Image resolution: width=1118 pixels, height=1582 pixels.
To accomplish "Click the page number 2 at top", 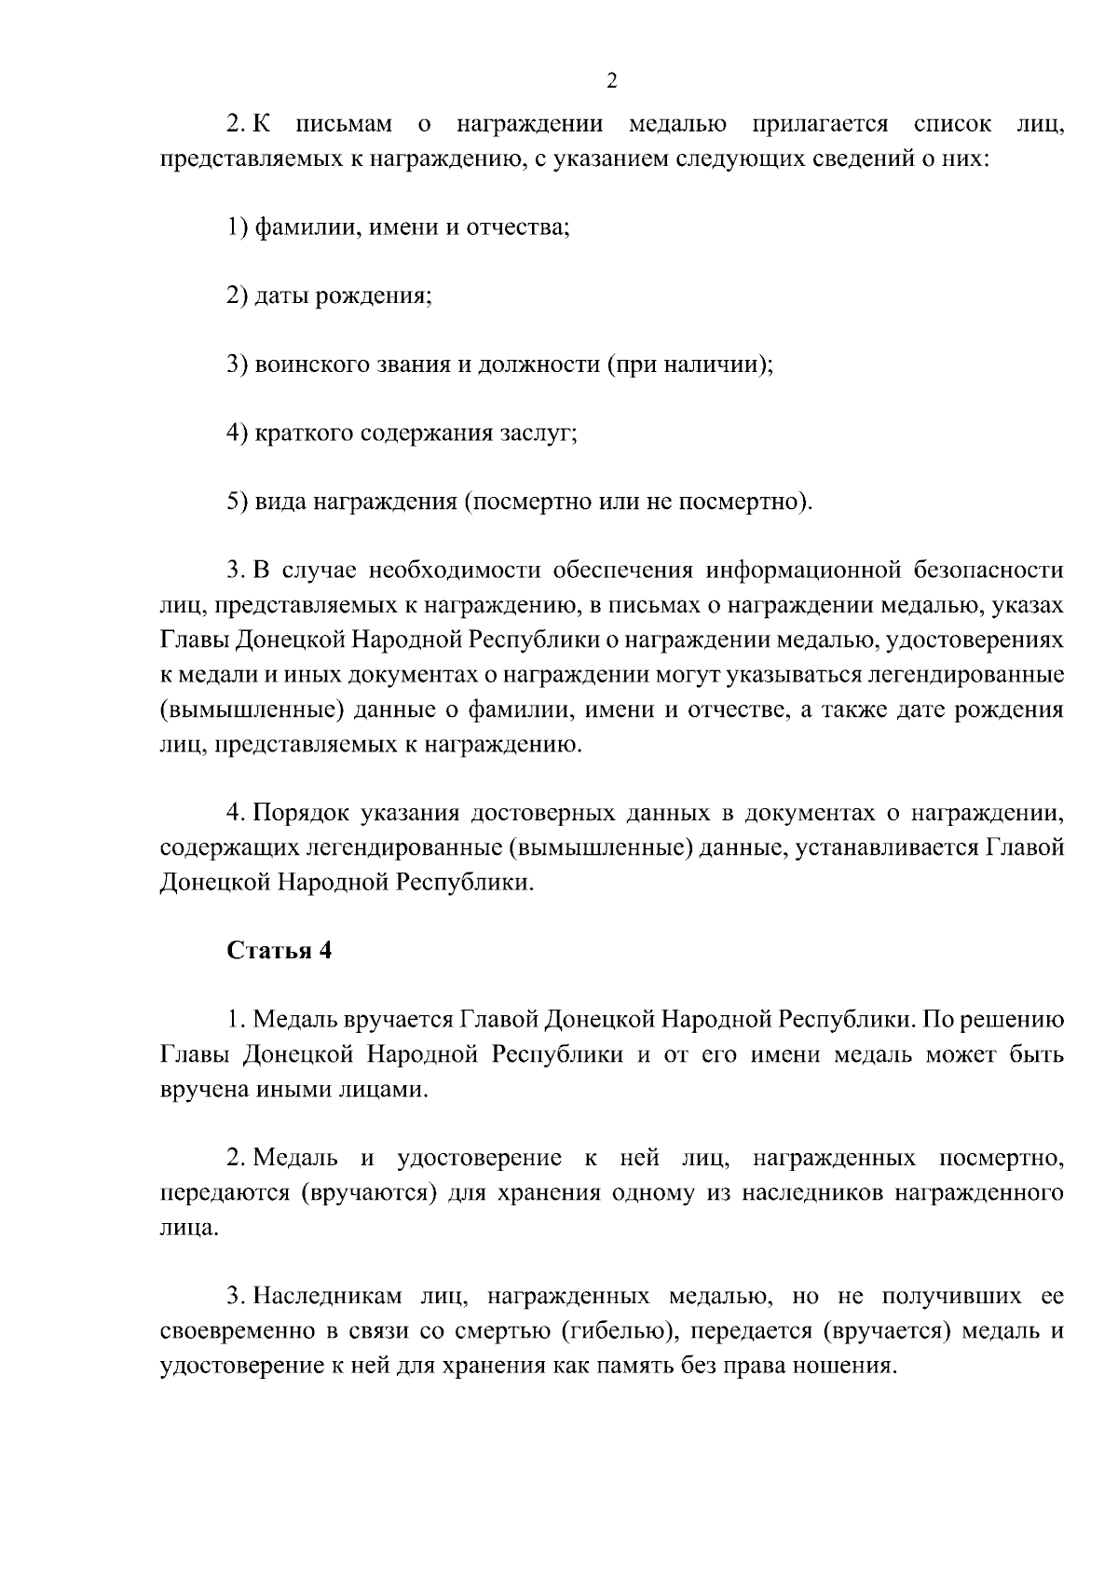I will pyautogui.click(x=611, y=81).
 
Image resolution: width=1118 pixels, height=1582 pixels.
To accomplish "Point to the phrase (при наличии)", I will pyautogui.click(x=690, y=365).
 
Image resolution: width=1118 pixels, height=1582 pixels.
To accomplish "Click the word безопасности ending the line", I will pyautogui.click(x=988, y=571).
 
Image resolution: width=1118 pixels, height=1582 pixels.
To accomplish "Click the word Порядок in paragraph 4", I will pyautogui.click(x=301, y=813).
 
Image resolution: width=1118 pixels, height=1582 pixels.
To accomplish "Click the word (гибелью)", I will pyautogui.click(x=617, y=1331).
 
